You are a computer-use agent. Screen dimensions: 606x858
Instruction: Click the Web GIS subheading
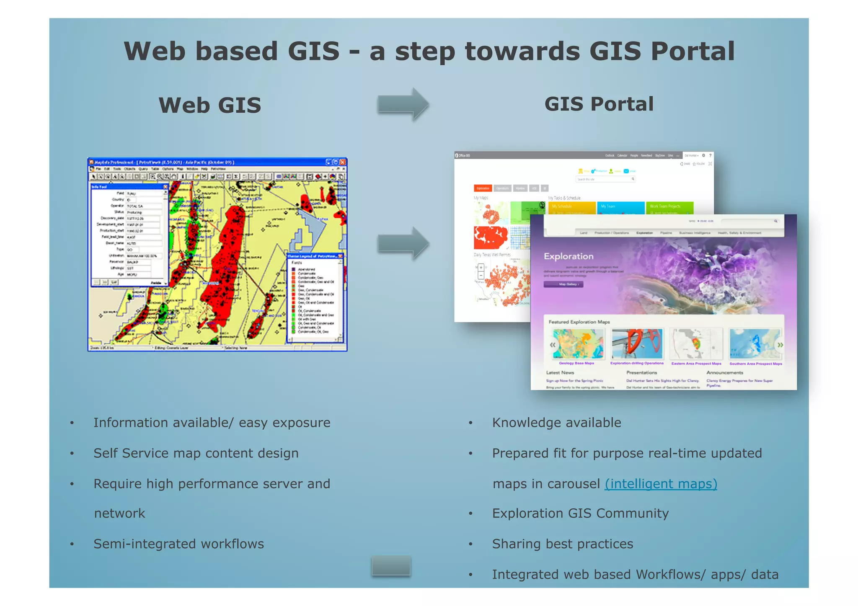[x=209, y=105]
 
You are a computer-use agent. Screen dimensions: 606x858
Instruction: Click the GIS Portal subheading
[x=599, y=104]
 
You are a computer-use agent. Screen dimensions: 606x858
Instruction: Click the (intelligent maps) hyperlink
[x=661, y=484]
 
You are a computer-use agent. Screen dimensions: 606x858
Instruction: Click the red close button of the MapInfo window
[x=343, y=162]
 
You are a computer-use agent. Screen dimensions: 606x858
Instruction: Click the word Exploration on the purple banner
[x=569, y=256]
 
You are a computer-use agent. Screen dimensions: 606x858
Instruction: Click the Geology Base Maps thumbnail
[x=578, y=344]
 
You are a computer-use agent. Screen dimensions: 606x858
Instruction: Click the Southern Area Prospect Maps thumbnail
[x=755, y=344]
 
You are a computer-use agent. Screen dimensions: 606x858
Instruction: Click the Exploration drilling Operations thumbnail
[x=637, y=344]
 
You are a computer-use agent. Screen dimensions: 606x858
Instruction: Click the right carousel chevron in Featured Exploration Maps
[x=780, y=345]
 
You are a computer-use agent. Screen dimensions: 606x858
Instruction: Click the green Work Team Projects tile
[x=669, y=207]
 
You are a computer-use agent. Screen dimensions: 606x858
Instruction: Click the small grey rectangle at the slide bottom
[x=391, y=566]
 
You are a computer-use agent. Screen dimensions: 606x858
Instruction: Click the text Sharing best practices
[x=562, y=544]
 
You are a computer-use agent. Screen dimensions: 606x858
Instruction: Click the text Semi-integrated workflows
[x=178, y=544]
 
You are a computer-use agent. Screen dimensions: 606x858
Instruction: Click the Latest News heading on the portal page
[x=560, y=372]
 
